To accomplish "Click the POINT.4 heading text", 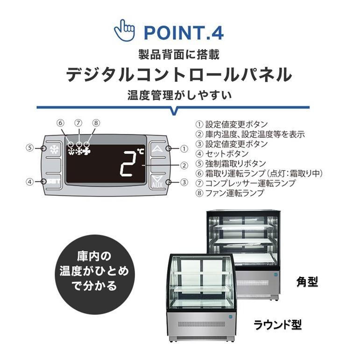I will [184, 33].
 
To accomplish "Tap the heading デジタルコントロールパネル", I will [179, 75].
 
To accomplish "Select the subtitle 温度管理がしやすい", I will [179, 96].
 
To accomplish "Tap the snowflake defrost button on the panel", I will [53, 150].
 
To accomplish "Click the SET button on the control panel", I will [53, 182].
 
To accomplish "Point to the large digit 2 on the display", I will [127, 164].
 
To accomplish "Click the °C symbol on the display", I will [140, 153].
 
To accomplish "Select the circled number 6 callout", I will [60, 123].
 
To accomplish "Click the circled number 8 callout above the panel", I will [96, 123].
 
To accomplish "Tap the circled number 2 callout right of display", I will [184, 165].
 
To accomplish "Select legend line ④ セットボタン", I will [222, 154].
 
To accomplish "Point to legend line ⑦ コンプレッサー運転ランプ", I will [245, 183].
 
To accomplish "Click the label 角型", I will [307, 282].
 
